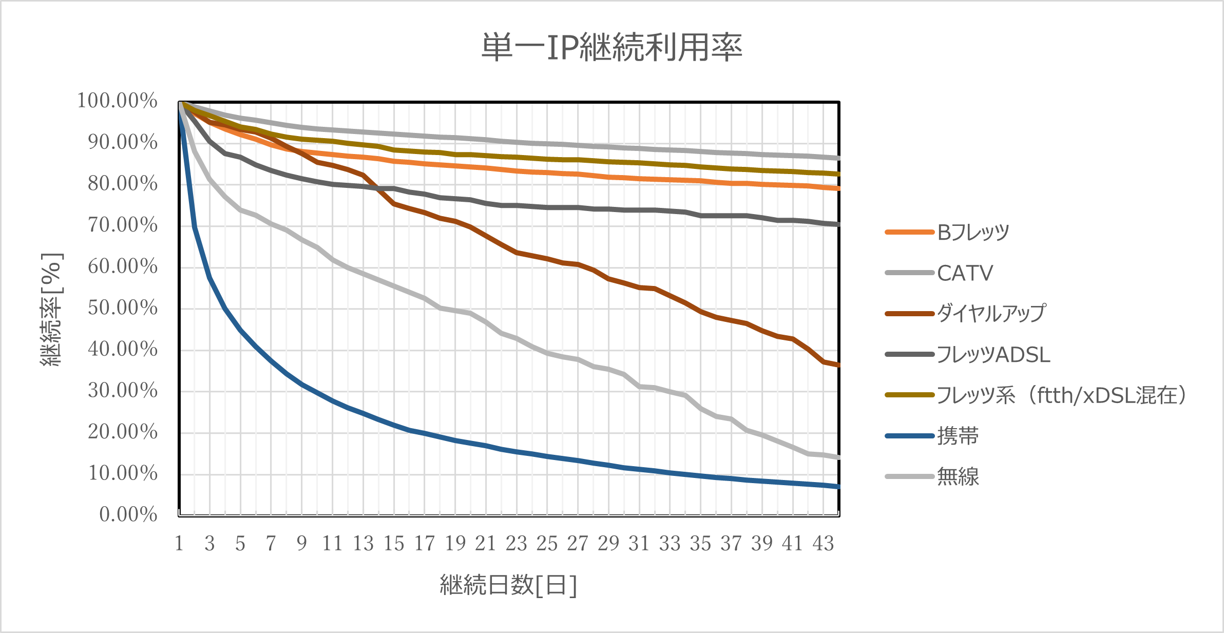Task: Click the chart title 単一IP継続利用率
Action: tap(611, 48)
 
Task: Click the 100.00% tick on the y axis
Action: tap(118, 101)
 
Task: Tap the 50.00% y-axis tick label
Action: tap(123, 308)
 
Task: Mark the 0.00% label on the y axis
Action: tap(128, 514)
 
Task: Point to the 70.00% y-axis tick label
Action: tap(123, 225)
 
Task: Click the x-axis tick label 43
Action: tap(823, 544)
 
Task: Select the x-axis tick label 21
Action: tap(486, 544)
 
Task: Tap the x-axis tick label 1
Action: tap(179, 544)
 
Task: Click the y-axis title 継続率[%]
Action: tap(52, 310)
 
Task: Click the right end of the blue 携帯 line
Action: tap(838, 486)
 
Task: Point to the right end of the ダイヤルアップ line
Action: tap(838, 365)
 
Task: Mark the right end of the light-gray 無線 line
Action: tap(838, 457)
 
